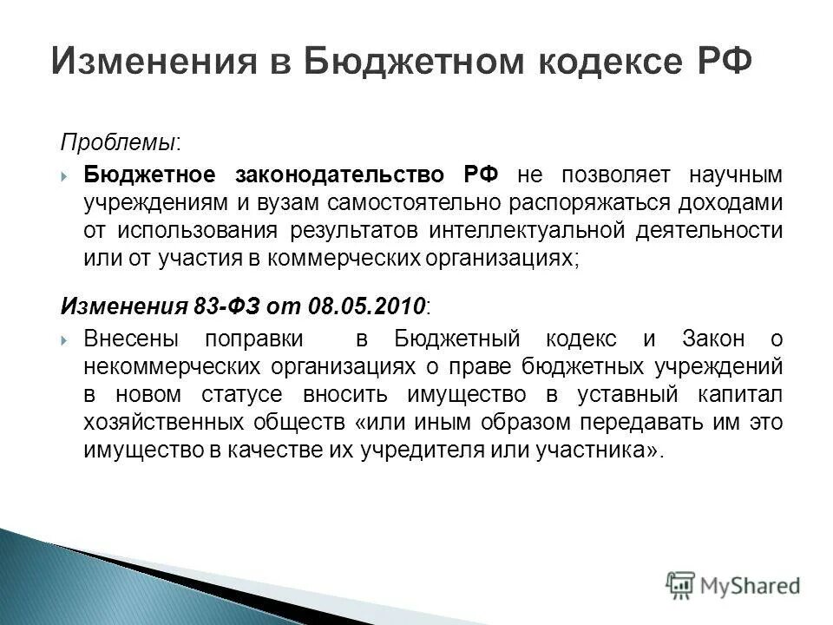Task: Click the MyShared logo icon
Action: point(680,585)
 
